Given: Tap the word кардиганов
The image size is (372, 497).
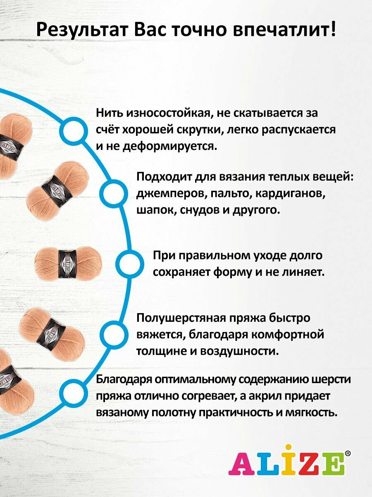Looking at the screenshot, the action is pyautogui.click(x=289, y=194).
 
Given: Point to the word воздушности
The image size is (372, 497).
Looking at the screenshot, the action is pyautogui.click(x=238, y=351).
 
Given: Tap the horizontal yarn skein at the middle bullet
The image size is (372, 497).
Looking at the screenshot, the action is pyautogui.click(x=68, y=263).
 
